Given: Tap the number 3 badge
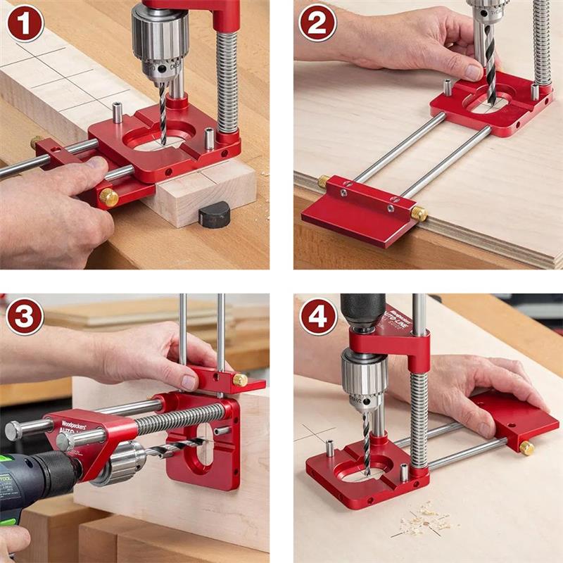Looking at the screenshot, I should [x=25, y=317].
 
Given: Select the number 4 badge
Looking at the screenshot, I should [x=317, y=317].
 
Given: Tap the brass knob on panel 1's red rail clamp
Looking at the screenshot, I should [x=108, y=197].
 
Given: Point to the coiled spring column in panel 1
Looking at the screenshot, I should [x=227, y=77].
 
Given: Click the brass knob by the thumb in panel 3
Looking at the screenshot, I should [x=240, y=381].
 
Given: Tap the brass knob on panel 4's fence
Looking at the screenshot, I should [x=526, y=448].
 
